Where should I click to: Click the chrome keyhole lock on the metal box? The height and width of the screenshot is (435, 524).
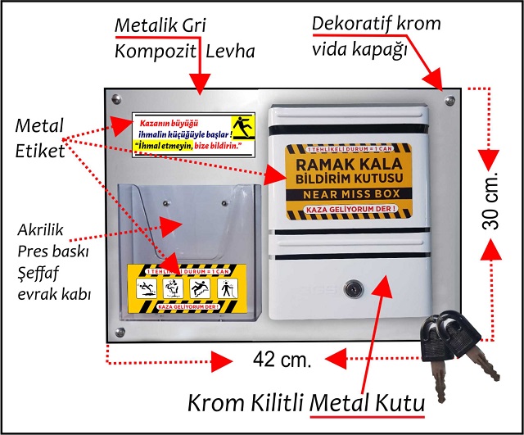(x=354, y=290)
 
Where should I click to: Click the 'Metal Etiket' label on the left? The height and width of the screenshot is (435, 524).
(x=40, y=138)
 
